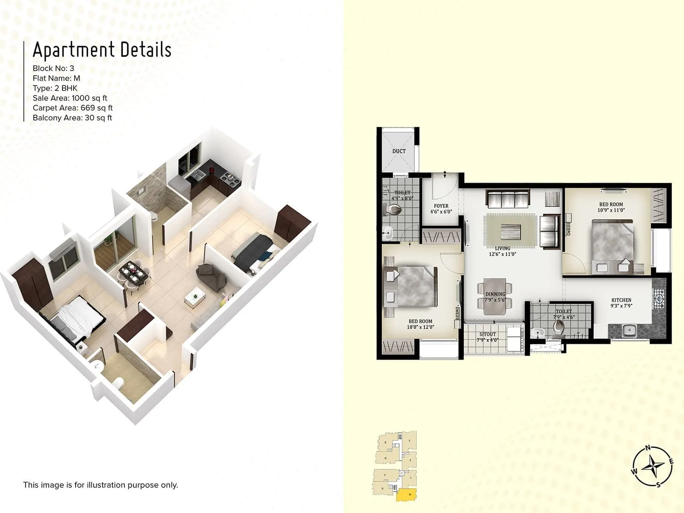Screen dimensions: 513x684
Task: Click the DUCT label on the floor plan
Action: coord(399,151)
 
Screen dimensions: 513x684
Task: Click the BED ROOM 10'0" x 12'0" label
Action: coord(420,324)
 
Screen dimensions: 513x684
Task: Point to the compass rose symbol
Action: coord(653,466)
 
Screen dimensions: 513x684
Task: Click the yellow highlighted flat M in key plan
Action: coord(407,495)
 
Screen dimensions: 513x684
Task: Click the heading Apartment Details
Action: coord(102,50)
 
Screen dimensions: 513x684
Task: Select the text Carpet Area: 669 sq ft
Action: coord(73,108)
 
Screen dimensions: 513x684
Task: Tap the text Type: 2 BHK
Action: coord(55,88)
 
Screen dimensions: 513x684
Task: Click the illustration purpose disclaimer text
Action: coord(100,485)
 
